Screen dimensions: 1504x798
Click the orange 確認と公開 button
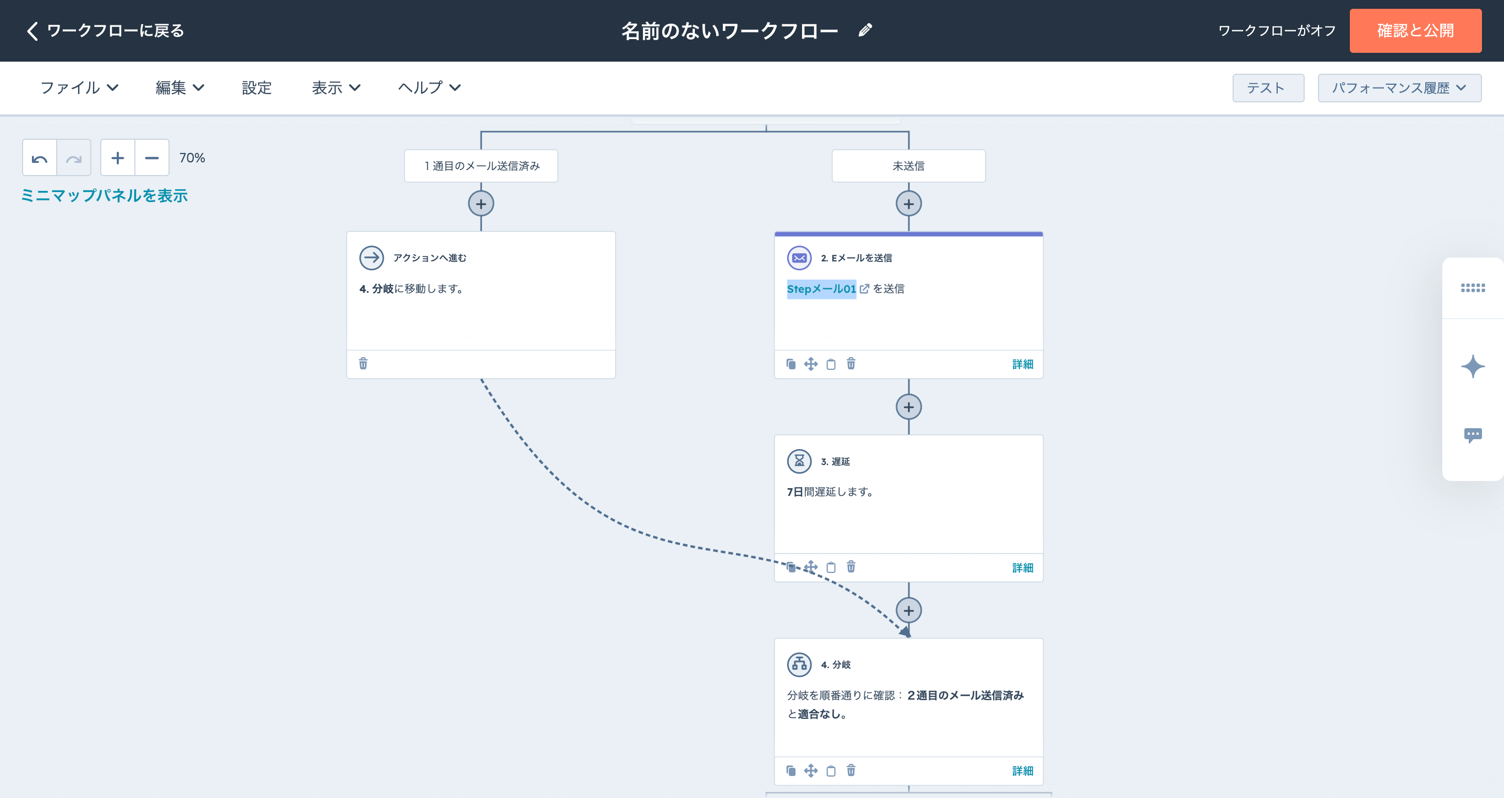click(1415, 30)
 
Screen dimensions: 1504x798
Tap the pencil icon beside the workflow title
click(865, 30)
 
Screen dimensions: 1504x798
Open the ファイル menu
click(79, 88)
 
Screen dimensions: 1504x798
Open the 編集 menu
click(180, 88)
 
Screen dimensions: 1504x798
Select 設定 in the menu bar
click(257, 88)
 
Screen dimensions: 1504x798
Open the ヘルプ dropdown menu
click(430, 88)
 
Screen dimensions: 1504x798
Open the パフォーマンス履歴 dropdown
click(1399, 88)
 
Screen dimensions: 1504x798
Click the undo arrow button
click(40, 157)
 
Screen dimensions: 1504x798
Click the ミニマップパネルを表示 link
click(105, 195)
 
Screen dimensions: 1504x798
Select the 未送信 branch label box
click(908, 166)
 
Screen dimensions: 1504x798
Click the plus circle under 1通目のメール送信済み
click(481, 204)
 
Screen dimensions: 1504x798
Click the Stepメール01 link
click(821, 288)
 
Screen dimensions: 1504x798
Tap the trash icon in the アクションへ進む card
click(363, 364)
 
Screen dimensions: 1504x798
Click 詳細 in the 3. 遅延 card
click(1022, 567)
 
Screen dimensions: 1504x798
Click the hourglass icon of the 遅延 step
click(799, 461)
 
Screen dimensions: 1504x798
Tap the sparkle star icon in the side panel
click(1473, 367)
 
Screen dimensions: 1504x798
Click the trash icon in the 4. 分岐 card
click(851, 770)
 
